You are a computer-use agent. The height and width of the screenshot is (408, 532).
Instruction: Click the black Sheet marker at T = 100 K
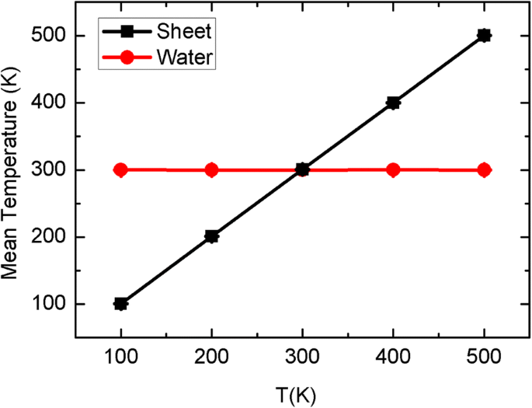point(120,303)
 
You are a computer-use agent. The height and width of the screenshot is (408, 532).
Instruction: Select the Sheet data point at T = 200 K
point(211,236)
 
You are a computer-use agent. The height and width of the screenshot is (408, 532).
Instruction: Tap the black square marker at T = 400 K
point(393,103)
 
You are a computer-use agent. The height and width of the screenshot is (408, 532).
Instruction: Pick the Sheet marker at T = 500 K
point(484,35)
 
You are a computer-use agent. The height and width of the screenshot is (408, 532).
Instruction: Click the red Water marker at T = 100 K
point(120,170)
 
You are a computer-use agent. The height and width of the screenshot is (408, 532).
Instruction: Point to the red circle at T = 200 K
point(211,170)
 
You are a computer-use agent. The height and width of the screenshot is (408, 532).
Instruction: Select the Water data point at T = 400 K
point(393,170)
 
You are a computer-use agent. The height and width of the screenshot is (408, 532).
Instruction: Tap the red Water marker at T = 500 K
point(484,170)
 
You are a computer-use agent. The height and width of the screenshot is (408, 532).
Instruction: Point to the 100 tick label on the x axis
point(120,361)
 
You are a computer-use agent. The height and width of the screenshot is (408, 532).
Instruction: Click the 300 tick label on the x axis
point(302,361)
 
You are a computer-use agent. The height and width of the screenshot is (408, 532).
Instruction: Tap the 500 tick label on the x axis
point(484,361)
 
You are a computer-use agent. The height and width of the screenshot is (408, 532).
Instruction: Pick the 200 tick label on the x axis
point(211,361)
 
